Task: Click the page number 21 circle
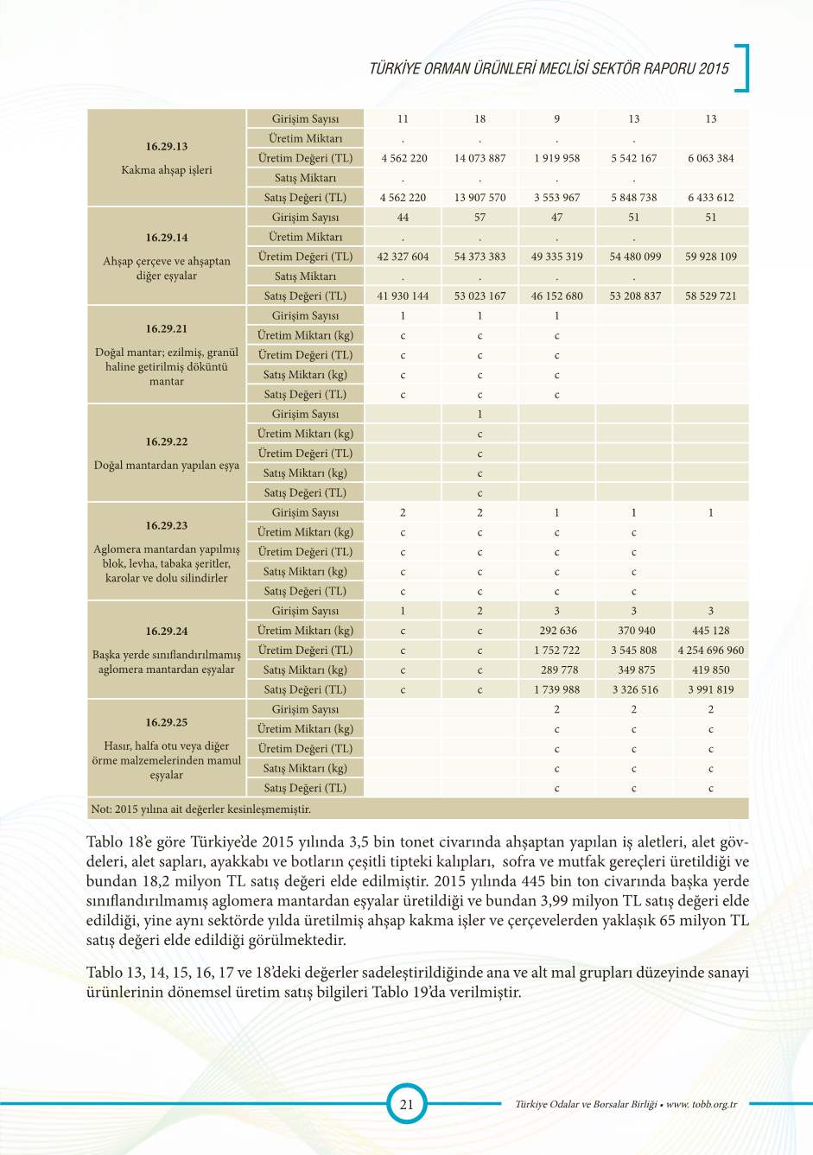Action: coord(406,1103)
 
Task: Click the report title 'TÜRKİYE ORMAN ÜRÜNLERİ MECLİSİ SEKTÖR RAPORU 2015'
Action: coord(549,69)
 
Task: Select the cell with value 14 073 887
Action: coord(480,158)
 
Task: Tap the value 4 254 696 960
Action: coord(710,650)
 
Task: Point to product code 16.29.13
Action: coord(167,147)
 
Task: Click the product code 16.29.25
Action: coord(167,722)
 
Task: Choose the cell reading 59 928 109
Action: coord(710,257)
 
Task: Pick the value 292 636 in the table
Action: coord(557,631)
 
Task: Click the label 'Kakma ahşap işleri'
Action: coord(167,170)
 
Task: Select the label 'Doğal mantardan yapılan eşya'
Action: coord(167,466)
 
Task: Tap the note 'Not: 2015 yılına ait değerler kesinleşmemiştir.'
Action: coord(200,809)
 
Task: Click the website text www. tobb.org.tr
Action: coord(702,1104)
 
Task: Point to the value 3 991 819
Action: coord(710,689)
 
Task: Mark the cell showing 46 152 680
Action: coord(557,295)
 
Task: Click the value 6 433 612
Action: coord(710,197)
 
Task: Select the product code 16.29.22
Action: coord(167,441)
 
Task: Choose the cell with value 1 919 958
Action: coord(557,158)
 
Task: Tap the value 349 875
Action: coord(633,670)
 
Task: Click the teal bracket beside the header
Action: coord(742,67)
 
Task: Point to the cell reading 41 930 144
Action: coord(403,295)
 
